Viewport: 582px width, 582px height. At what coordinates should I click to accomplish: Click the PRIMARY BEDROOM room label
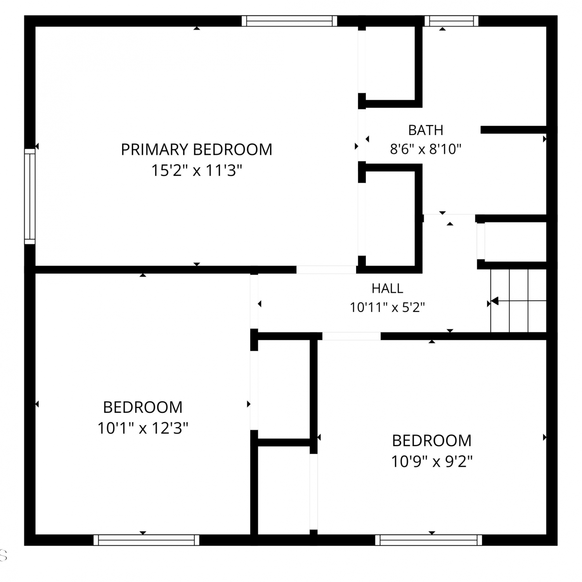(x=196, y=149)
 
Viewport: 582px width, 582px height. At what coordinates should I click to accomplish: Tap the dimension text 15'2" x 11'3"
(x=196, y=170)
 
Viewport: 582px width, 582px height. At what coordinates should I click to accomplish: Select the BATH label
(x=426, y=130)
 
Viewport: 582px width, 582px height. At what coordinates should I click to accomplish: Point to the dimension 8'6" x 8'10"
(x=426, y=149)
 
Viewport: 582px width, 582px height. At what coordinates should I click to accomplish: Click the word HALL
(x=387, y=288)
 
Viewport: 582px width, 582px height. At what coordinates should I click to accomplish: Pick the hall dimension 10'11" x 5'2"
(x=387, y=307)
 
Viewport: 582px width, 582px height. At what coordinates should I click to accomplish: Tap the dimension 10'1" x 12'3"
(x=143, y=428)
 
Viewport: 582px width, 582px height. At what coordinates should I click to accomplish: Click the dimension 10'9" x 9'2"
(x=431, y=462)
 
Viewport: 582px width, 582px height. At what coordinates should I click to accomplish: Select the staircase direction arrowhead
(x=494, y=301)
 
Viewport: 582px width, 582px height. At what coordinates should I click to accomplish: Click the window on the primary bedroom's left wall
(x=30, y=196)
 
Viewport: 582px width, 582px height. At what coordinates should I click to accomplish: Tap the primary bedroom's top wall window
(x=289, y=21)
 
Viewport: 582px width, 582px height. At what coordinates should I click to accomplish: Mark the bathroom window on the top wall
(x=452, y=21)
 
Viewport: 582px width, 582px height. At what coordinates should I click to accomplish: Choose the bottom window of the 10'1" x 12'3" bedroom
(x=146, y=540)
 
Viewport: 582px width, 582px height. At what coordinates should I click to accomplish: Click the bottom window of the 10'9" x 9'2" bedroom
(x=428, y=540)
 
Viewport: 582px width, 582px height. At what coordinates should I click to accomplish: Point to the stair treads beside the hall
(x=518, y=301)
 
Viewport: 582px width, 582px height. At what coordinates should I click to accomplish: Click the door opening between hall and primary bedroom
(x=326, y=270)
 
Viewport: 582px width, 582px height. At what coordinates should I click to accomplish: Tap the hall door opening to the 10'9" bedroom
(x=352, y=336)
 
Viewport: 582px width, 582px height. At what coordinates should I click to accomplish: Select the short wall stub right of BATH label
(x=514, y=130)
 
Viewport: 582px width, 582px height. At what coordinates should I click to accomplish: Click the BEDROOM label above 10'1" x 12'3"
(x=143, y=407)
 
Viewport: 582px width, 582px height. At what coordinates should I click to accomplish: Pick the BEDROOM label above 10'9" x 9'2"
(x=431, y=441)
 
